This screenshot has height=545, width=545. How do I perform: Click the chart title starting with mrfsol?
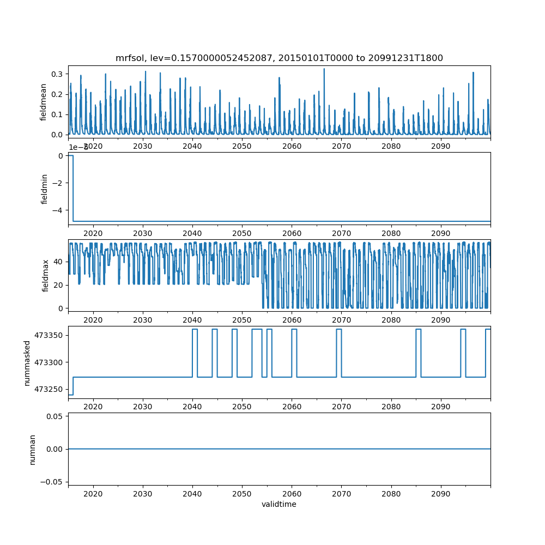279,58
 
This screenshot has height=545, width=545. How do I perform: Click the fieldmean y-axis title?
44,101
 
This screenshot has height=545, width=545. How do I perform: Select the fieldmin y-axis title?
44,188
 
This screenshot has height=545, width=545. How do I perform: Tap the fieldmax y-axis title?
46,274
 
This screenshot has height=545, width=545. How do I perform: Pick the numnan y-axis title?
32,449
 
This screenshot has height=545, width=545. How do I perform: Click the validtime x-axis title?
278,505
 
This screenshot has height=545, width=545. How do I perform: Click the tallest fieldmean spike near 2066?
324,69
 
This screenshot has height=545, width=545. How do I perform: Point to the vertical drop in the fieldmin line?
73,188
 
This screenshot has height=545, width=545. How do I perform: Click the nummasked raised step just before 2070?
339,330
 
